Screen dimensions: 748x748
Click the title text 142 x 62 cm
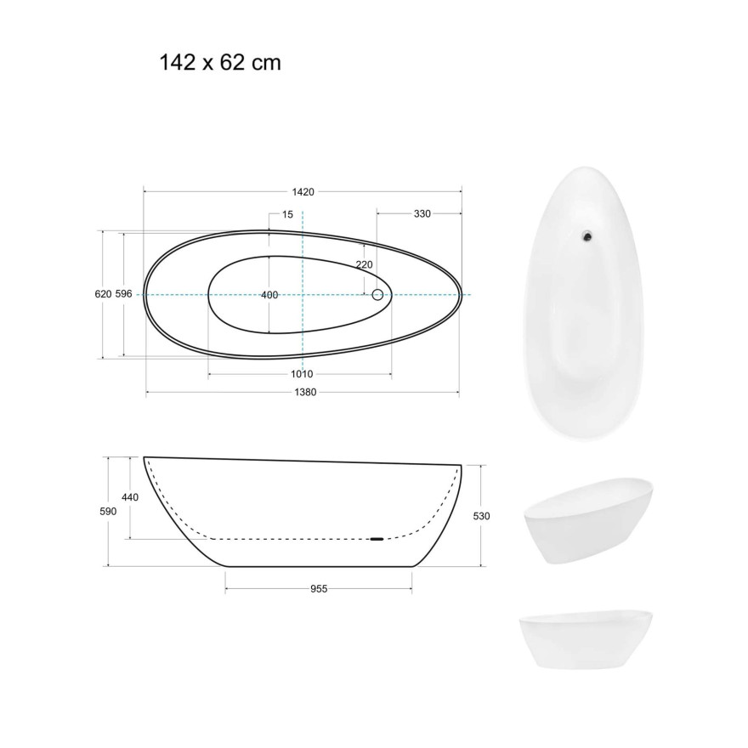220,63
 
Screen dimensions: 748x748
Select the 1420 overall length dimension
303,192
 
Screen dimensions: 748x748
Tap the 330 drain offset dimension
422,213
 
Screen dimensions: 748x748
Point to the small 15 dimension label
287,215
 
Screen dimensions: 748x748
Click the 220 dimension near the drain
364,264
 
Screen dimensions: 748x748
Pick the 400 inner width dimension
269,295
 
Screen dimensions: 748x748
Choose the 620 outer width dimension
103,294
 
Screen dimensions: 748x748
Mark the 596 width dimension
123,294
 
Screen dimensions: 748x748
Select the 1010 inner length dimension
302,374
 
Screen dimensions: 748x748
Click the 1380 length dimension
305,392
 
